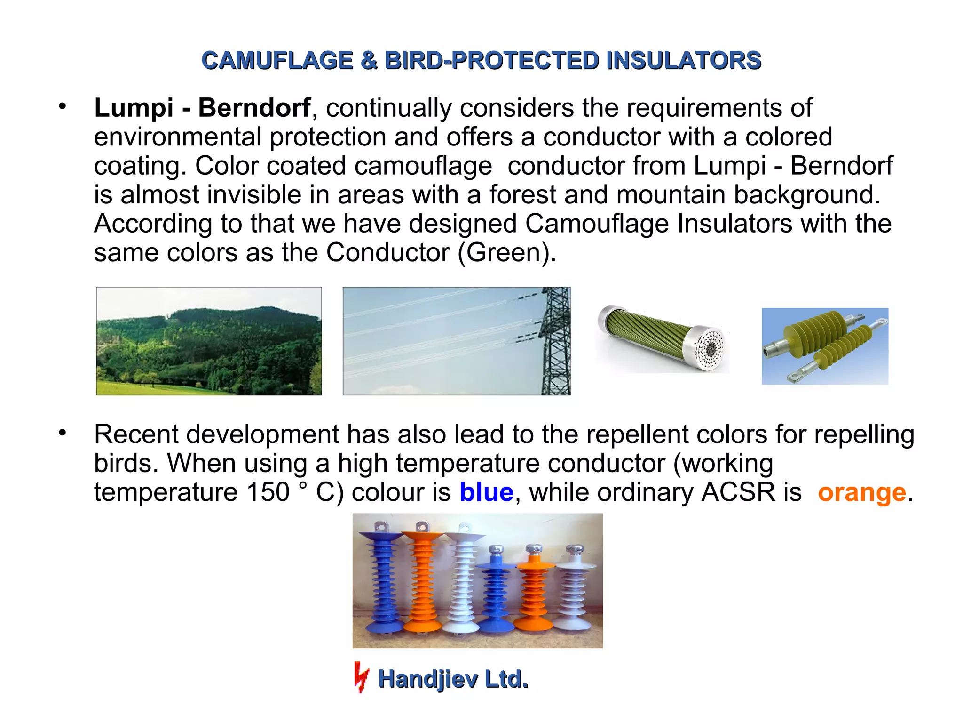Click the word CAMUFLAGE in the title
[277, 61]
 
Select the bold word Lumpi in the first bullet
[134, 108]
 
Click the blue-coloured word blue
[486, 492]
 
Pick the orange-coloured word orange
[862, 492]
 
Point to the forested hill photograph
[209, 341]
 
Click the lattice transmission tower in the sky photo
[555, 341]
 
